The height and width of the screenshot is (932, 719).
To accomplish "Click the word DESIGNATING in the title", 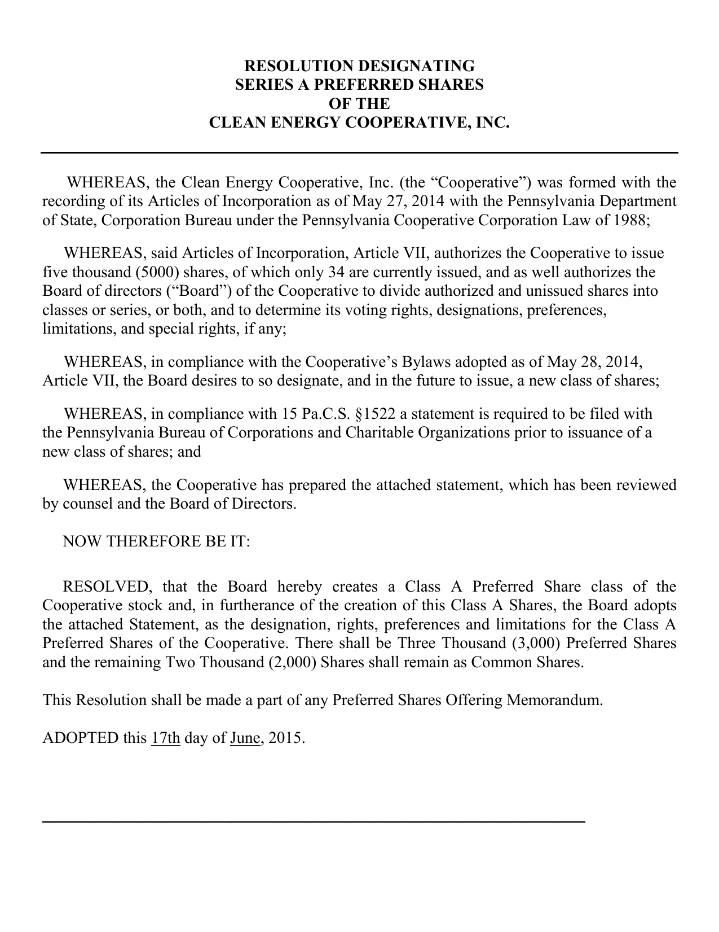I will point(417,65).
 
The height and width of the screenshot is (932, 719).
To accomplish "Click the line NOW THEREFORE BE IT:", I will point(156,541).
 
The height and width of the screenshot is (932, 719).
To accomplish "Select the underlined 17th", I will point(166,738).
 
